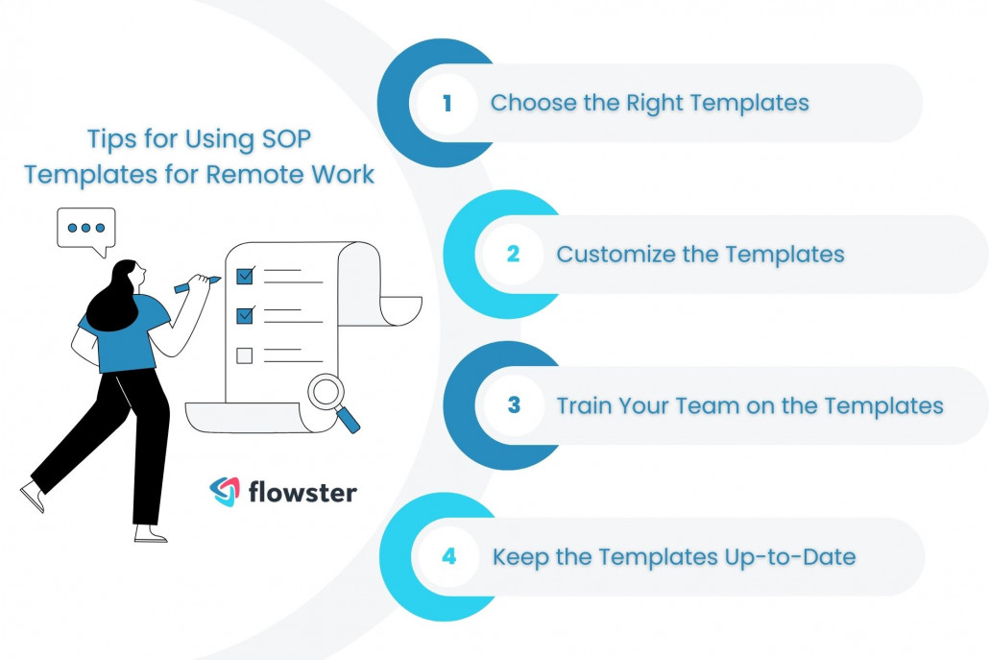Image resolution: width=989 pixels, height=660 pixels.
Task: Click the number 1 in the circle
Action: [446, 103]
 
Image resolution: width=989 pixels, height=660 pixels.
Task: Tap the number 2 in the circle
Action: [513, 255]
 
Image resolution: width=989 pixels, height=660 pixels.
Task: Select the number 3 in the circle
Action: [514, 405]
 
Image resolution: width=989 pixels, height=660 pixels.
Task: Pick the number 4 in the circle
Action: [448, 556]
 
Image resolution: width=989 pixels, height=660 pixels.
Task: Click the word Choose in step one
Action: [524, 103]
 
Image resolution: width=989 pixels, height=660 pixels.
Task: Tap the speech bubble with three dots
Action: [86, 230]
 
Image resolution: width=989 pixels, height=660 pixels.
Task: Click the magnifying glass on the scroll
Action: [332, 396]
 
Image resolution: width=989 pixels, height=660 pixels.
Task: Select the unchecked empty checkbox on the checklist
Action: [244, 355]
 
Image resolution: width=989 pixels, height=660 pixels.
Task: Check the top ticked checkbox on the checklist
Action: [244, 277]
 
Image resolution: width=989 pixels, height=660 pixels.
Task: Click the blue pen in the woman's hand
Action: [196, 284]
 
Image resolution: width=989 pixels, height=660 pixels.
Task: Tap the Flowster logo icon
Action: [225, 492]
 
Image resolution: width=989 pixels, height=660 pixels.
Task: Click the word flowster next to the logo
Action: [302, 493]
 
